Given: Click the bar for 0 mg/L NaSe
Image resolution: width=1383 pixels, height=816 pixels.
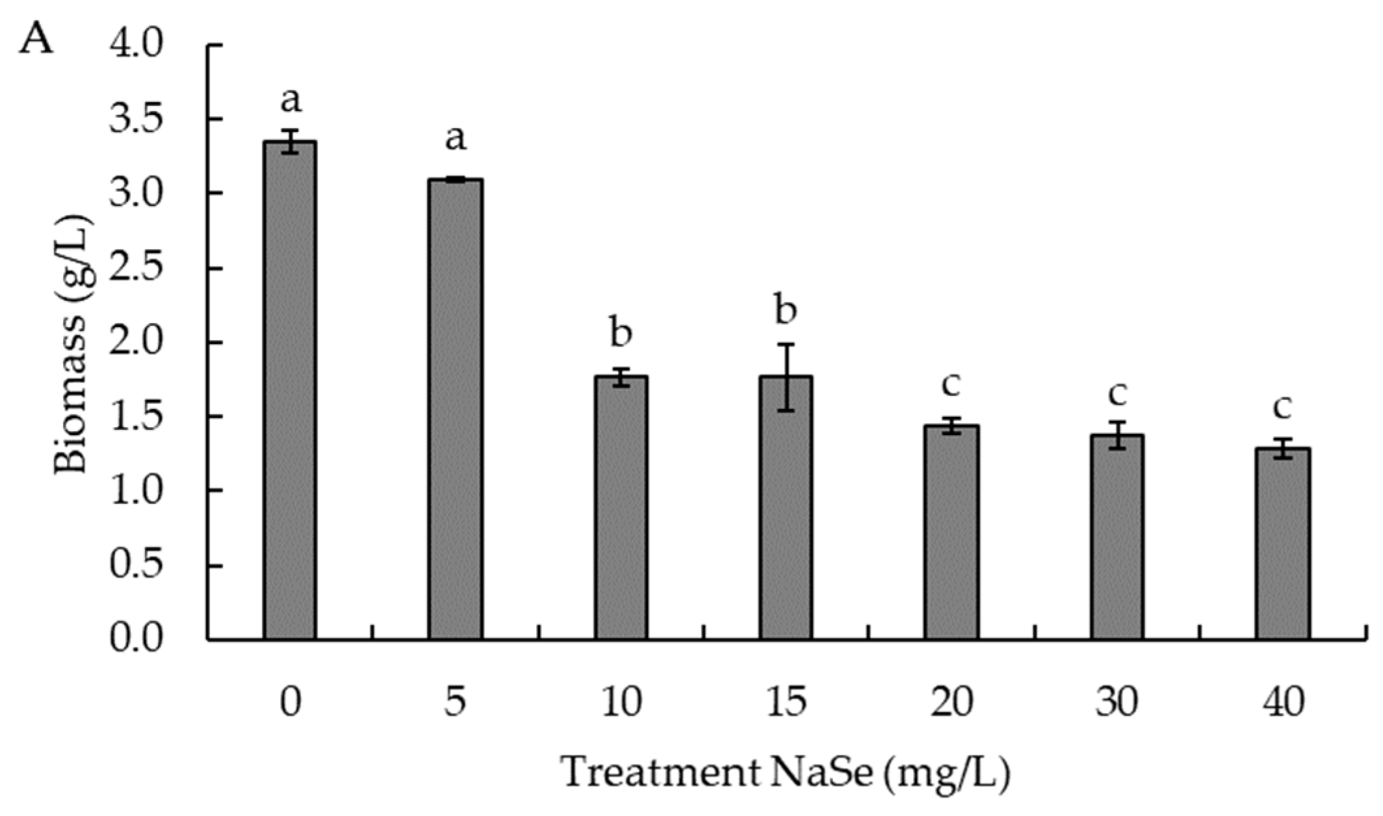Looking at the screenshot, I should pos(290,390).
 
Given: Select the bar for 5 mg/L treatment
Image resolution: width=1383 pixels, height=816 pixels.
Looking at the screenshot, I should pos(455,410).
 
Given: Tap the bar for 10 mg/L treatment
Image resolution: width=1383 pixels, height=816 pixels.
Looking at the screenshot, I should pos(621,507).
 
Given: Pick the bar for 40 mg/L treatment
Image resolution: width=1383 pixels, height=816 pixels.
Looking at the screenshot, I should pos(1282,544).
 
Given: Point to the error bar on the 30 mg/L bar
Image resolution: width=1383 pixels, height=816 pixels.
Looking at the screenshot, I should pos(1117,435).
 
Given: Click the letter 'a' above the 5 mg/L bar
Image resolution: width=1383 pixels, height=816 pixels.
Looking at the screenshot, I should pos(455,138).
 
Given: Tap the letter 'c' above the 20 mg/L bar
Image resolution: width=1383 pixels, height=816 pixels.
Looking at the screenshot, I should pos(951,384).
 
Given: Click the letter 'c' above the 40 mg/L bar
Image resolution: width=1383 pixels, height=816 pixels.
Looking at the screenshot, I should pos(1282,408).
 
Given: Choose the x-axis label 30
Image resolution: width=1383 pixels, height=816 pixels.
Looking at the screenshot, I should pos(1117,702).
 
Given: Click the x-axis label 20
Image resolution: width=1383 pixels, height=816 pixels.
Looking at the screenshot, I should pos(951,702).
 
